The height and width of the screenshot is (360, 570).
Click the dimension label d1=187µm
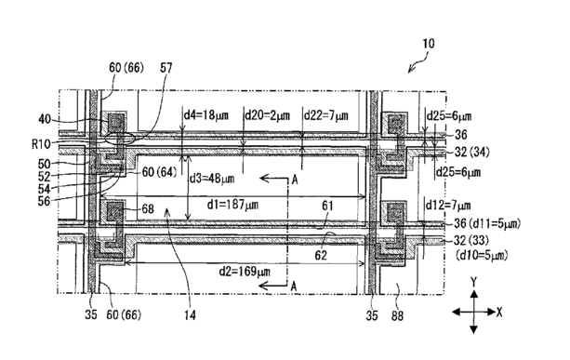(x=232, y=205)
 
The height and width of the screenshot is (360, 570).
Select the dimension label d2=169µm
(x=245, y=272)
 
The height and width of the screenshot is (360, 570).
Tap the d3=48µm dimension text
(x=212, y=179)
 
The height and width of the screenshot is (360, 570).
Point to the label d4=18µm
(x=205, y=115)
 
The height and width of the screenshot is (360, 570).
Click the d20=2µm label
(x=267, y=115)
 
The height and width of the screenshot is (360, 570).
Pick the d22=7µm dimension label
(x=326, y=115)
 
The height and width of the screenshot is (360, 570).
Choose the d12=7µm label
(x=448, y=206)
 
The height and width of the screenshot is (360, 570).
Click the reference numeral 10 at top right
(x=429, y=44)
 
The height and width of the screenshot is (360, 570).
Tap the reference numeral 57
(x=166, y=68)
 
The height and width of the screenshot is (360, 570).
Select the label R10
(x=41, y=144)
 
